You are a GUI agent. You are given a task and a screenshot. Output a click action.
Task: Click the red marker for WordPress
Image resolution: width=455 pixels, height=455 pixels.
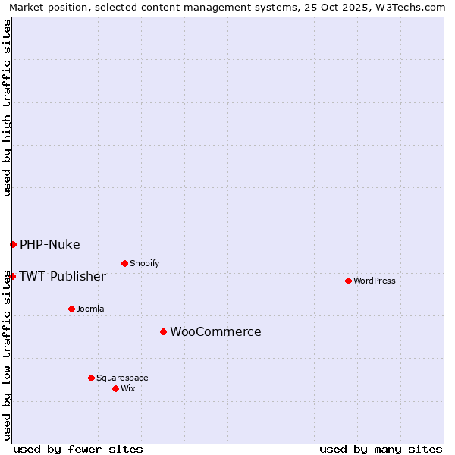point(348,281)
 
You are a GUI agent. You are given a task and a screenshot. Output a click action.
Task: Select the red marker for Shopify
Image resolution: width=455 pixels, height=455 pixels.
point(124,263)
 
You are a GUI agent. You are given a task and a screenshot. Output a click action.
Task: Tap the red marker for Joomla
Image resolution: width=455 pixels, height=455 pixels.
point(71,309)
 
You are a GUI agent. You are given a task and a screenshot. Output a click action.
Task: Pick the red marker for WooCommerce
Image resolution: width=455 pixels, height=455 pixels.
point(163,331)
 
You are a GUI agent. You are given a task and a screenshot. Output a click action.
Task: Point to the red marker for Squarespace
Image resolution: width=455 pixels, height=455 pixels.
point(91,378)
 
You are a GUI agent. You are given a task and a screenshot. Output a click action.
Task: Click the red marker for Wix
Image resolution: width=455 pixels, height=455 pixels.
point(115,388)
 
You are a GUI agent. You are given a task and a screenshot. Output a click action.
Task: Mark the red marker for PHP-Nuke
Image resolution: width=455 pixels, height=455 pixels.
point(13,244)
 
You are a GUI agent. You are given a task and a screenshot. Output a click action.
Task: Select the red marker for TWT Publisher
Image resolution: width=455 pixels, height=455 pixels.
point(12,276)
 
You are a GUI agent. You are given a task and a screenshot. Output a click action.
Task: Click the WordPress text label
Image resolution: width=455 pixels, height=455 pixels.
point(375,281)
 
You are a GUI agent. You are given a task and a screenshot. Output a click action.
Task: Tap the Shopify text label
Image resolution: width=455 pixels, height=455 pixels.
point(144,263)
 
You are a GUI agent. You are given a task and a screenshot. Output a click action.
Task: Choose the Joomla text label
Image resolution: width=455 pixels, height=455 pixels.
point(90,309)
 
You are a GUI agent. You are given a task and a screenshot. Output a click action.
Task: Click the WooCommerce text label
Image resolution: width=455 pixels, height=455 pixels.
point(215,331)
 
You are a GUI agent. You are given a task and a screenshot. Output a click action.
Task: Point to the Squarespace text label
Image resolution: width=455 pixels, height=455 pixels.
point(122,378)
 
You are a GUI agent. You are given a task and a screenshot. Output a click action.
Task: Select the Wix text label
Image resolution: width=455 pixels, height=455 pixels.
point(127,388)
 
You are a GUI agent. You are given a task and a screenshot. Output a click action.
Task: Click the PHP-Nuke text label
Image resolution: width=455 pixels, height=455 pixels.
point(49,244)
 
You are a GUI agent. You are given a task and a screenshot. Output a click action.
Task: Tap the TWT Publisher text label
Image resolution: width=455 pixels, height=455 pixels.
point(62,276)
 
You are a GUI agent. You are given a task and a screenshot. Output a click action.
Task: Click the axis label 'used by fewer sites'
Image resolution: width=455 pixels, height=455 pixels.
point(78,449)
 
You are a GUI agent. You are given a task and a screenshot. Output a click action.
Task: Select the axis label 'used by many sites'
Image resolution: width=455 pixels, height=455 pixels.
point(381,449)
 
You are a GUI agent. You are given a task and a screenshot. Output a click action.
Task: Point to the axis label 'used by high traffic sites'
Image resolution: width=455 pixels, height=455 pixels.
point(7,108)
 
